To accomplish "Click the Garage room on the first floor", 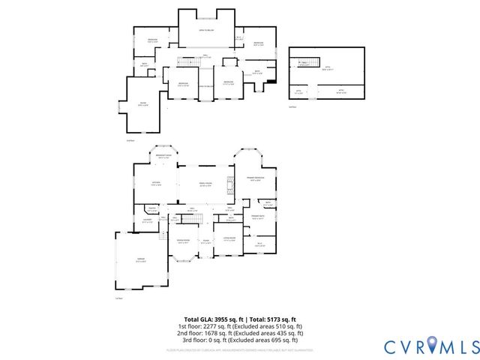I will point(141,259).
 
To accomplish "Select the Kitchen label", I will point(157,183).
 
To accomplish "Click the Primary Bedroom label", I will point(256,179).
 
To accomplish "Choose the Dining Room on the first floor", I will point(183,241).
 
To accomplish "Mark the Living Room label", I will point(229,240).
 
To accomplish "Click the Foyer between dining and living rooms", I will point(205,242).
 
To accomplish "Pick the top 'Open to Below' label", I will point(207,31).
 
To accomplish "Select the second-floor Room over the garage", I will point(142,105).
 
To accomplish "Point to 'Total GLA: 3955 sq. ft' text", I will point(211,320).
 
